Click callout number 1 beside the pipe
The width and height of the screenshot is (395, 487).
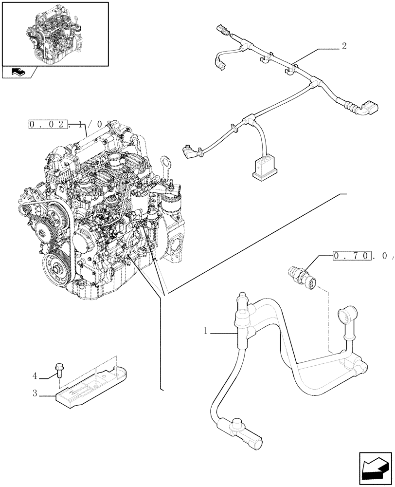tap(206, 331)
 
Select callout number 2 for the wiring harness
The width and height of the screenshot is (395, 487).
tap(344, 47)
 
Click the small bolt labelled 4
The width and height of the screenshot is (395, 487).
tap(60, 369)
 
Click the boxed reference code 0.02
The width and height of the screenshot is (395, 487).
tap(48, 125)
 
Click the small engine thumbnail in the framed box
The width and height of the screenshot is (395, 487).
tap(55, 34)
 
